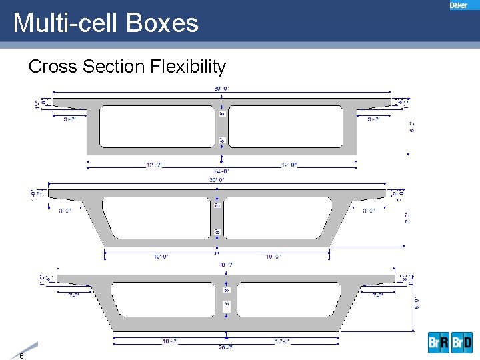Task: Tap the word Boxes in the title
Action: click(166, 23)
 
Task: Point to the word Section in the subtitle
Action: click(114, 67)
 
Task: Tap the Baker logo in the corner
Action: click(459, 5)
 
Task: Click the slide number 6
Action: click(22, 355)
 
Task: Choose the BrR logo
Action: click(439, 343)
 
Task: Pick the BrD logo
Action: click(462, 343)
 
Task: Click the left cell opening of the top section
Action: click(156, 126)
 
